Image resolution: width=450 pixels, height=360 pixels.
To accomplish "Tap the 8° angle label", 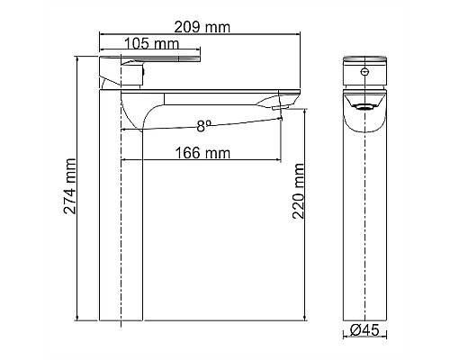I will [x=206, y=126].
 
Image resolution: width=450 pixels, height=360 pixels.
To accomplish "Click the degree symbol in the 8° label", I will [x=211, y=123].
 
